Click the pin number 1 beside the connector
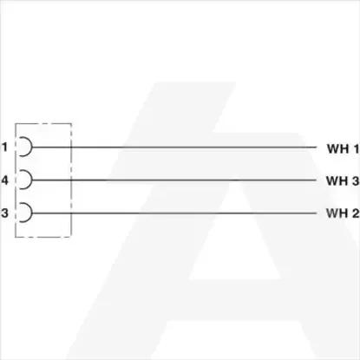[x=4, y=147]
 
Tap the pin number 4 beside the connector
[x=5, y=180]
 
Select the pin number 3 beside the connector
[x=4, y=213]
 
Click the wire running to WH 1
[x=174, y=147]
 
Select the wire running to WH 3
[x=174, y=180]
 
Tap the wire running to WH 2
[x=174, y=213]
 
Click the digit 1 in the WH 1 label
[x=355, y=148]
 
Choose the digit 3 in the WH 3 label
[x=356, y=180]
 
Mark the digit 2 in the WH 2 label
[x=356, y=213]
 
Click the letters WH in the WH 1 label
[x=337, y=148]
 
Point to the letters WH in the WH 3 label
[x=337, y=180]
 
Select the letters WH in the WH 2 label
[x=337, y=213]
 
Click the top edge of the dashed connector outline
[x=43, y=123]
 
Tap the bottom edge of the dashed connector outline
[x=43, y=237]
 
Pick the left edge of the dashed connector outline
[x=16, y=180]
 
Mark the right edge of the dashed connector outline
[x=71, y=180]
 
